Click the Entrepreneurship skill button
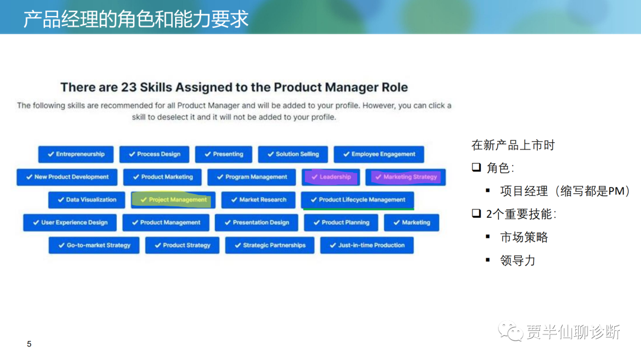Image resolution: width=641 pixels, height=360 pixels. coord(75,154)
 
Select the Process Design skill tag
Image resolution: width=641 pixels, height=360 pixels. coord(154,154)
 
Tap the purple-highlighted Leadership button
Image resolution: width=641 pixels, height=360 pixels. coord(331,177)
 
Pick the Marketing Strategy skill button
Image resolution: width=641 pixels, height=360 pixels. coord(405,177)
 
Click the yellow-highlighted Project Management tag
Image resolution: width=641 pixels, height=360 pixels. coord(173,200)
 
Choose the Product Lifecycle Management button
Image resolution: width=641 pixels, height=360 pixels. coord(357,200)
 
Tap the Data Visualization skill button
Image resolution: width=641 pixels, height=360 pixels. coord(87,200)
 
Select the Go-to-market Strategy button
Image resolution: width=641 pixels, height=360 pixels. coord(94,245)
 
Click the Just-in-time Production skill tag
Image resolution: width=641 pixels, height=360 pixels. coord(367,245)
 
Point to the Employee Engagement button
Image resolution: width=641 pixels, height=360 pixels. coord(379,154)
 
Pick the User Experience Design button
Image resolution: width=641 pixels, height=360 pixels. coord(70,222)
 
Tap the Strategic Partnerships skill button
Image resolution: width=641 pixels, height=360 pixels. coord(270,245)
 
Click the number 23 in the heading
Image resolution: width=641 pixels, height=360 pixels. coord(129,87)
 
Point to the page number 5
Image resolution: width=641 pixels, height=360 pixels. coord(29,344)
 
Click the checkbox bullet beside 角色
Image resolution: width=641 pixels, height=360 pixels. coord(476,167)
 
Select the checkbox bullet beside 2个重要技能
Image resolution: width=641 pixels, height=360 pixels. coord(476,214)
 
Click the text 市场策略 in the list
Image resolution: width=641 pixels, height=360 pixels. coord(524,237)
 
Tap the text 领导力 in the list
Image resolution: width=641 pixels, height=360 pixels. coord(518,261)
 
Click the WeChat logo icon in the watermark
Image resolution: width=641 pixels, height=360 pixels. coord(510,332)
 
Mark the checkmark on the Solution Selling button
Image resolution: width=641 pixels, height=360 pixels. coord(271,154)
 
